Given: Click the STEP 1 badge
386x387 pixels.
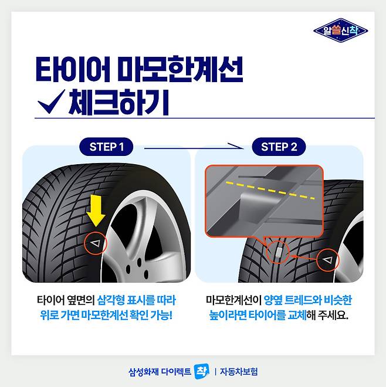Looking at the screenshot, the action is [x=106, y=147].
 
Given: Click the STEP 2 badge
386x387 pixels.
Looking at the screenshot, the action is [x=279, y=147].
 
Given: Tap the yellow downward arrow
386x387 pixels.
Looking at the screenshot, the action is [x=96, y=211].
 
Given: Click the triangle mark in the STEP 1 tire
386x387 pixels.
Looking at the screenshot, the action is [x=96, y=243].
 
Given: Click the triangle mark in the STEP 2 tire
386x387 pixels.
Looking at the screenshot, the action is [x=328, y=260].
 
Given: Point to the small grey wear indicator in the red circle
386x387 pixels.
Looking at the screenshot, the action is [x=279, y=252].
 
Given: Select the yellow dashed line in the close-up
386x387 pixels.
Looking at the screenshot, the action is [x=270, y=191].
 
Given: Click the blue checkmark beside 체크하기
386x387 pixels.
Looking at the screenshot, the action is [x=52, y=101].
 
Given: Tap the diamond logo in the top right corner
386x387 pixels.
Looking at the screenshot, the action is [x=341, y=30].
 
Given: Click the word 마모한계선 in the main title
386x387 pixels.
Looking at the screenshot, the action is [x=181, y=69].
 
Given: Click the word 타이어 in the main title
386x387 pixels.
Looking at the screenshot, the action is [x=73, y=69].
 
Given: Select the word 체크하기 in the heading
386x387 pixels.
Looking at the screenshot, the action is [x=119, y=102].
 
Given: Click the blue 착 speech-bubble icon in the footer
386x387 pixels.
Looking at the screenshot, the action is [x=202, y=371].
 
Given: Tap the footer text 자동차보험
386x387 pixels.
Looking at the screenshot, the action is [x=239, y=371].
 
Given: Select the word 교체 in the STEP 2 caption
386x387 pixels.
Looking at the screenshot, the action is [x=297, y=315].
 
